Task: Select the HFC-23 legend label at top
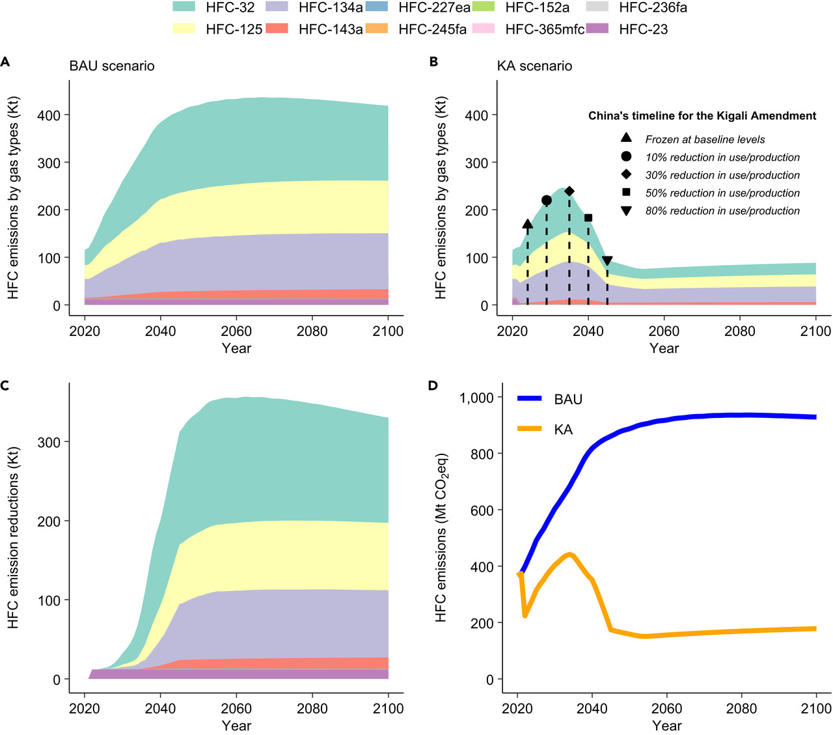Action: (x=643, y=29)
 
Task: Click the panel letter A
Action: (x=5, y=62)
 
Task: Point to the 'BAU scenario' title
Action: (x=112, y=66)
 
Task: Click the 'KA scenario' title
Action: (x=534, y=66)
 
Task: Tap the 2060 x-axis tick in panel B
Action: (x=664, y=331)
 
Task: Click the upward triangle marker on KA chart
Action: (x=527, y=224)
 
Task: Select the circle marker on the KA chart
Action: (x=546, y=200)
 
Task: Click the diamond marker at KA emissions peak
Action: (x=569, y=191)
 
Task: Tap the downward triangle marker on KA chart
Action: (x=607, y=261)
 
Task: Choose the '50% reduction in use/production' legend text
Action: (x=722, y=193)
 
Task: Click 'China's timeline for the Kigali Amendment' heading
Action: (x=702, y=116)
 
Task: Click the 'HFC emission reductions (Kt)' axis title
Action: (x=14, y=537)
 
